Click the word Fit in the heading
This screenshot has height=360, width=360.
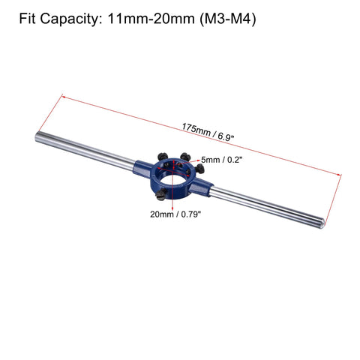tap(27, 19)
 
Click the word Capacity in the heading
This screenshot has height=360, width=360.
tap(70, 19)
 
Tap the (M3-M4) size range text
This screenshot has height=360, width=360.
tap(228, 19)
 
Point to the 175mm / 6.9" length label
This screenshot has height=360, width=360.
tap(208, 133)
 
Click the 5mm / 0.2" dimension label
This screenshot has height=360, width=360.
tap(222, 160)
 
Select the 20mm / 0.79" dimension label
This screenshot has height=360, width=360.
tap(175, 214)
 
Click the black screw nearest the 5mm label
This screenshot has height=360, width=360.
tap(185, 157)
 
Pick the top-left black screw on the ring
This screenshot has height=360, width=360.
tap(163, 157)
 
